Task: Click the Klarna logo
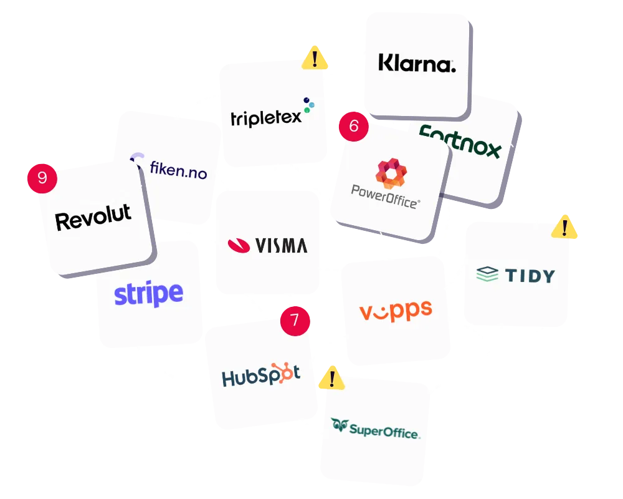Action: coord(417,64)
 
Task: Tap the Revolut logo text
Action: coord(93,218)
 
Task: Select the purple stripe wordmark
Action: coord(148,294)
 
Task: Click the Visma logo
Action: coord(267,245)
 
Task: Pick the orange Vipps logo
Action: coord(396,310)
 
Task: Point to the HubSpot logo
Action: coord(261,375)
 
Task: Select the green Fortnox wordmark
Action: coord(461,141)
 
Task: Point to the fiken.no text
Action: coord(178,168)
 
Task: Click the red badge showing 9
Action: coord(42,178)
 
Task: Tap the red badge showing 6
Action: coord(353,126)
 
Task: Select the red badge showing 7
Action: coord(295,321)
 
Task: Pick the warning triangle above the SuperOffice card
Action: coord(331,378)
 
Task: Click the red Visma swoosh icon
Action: coord(239,245)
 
